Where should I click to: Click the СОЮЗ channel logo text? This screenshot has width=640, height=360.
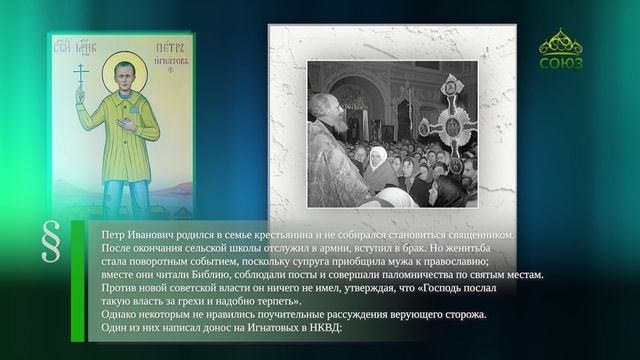(x=560, y=63)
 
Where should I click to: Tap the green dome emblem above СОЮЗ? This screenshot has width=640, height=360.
(x=560, y=42)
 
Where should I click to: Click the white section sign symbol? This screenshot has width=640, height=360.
(x=50, y=244)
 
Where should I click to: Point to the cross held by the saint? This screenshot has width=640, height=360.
(x=81, y=77)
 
